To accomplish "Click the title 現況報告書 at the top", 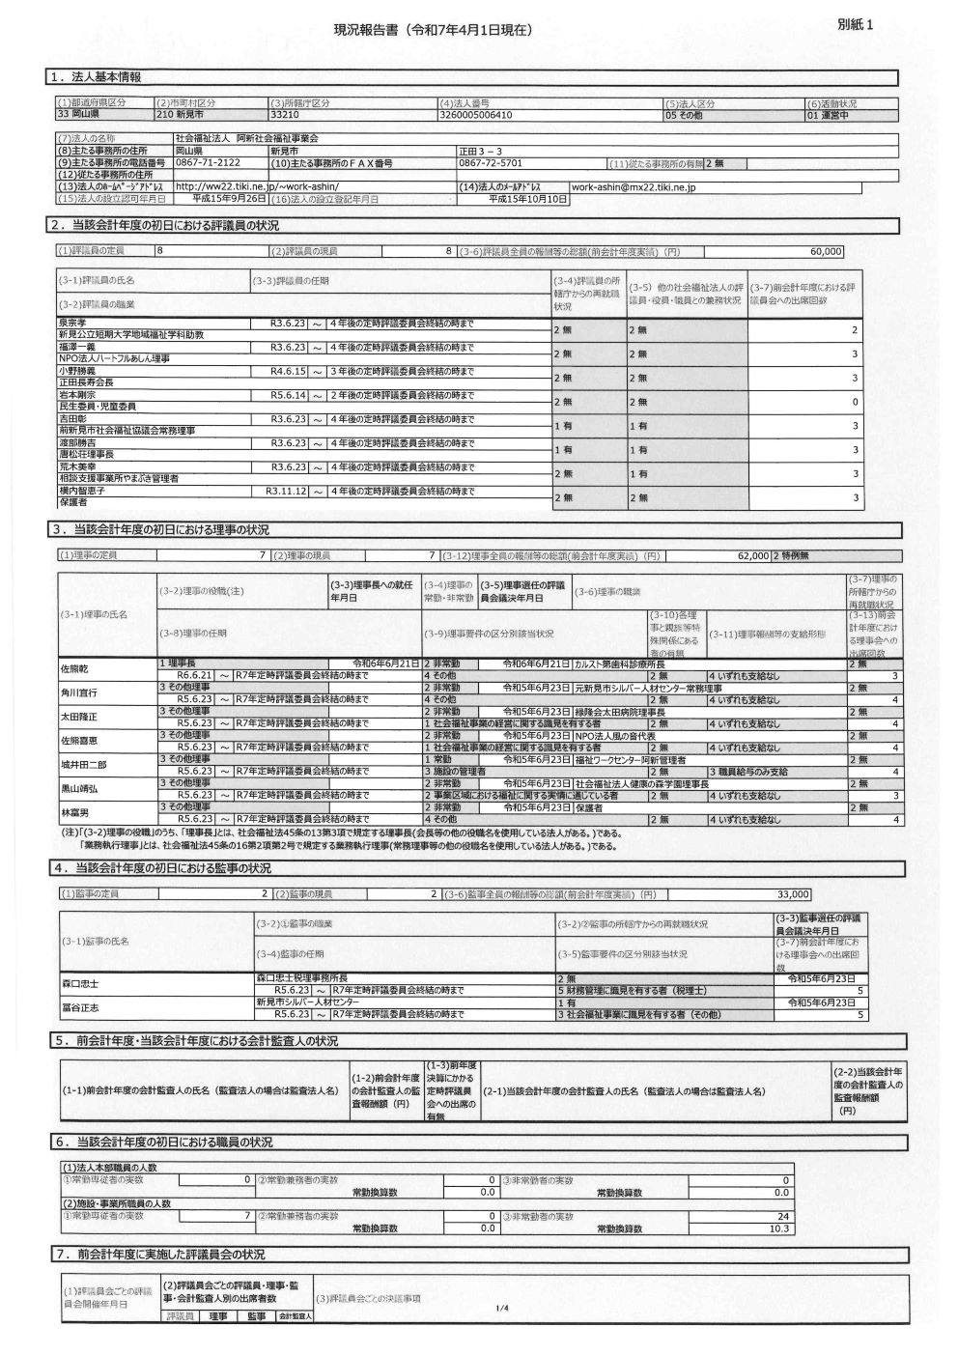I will click(x=432, y=31).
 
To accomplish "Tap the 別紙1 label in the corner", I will click(x=857, y=26).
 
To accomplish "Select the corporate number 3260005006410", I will click(x=475, y=114).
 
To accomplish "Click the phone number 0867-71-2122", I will click(x=209, y=163).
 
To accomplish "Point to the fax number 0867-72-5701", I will click(x=491, y=163).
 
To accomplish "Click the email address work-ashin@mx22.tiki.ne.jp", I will click(x=634, y=187).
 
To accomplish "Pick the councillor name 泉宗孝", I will click(x=72, y=323).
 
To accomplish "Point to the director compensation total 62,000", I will click(x=752, y=556).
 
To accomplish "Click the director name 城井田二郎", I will click(x=83, y=764).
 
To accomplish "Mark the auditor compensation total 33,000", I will click(x=793, y=894).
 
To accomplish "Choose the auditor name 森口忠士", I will click(x=80, y=983).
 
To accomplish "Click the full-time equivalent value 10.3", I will click(x=779, y=1228).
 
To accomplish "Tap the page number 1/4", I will click(x=501, y=1309).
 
